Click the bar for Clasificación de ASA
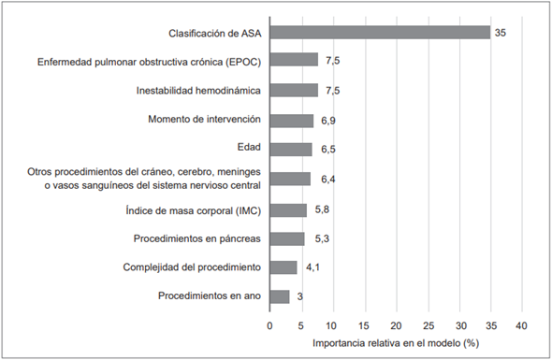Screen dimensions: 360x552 pyautogui.click(x=380, y=33)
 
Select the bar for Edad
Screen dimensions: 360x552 pyautogui.click(x=291, y=150)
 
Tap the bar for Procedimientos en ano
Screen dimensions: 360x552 pyautogui.click(x=280, y=297)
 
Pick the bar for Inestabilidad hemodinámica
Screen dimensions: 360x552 pyautogui.click(x=294, y=91)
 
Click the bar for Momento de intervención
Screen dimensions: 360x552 pyautogui.click(x=292, y=121)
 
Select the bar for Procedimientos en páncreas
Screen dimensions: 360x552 pyautogui.click(x=286, y=238)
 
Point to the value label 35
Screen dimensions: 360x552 pyautogui.click(x=502, y=33)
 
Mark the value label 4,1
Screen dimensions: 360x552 pyautogui.click(x=312, y=268)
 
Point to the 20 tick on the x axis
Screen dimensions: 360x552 pyautogui.click(x=397, y=325)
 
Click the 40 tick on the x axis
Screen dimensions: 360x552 pyautogui.click(x=522, y=325)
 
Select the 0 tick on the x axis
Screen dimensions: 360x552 pyautogui.click(x=270, y=325)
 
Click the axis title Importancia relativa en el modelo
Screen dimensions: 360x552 pyautogui.click(x=395, y=344)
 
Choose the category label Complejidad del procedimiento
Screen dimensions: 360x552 pyautogui.click(x=191, y=268)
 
